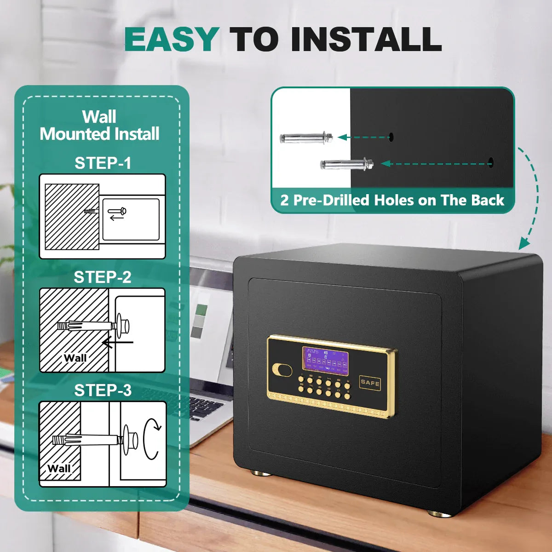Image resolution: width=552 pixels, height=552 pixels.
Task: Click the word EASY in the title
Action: tap(171, 40)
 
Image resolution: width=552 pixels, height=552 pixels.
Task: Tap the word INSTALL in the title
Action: tap(366, 40)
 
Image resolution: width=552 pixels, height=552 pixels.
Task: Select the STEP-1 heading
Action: tap(103, 163)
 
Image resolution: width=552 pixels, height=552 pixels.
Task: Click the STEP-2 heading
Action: tap(103, 277)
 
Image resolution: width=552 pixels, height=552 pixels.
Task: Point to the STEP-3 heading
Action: tap(103, 390)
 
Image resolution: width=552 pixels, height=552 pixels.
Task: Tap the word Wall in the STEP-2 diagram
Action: tap(75, 358)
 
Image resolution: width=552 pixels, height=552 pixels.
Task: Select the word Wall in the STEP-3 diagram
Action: tap(59, 468)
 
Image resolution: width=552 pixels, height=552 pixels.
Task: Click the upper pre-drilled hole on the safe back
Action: tap(391, 137)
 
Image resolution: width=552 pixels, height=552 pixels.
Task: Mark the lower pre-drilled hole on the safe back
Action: tap(490, 162)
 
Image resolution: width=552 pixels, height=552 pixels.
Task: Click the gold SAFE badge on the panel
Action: tap(370, 382)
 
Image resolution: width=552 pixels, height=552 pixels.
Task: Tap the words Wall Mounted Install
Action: tap(100, 125)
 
